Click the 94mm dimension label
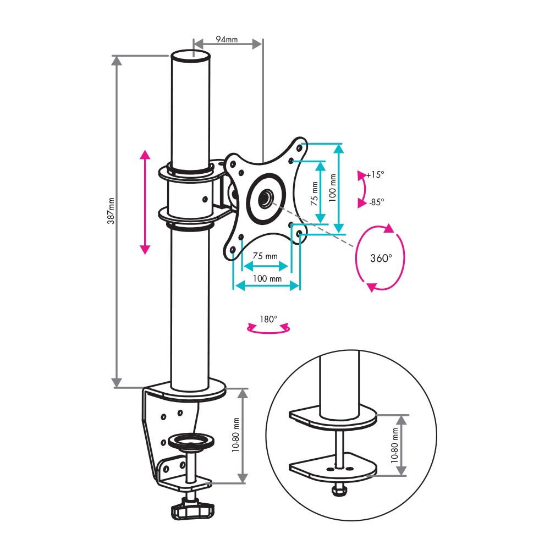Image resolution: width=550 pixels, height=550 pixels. pos(227,38)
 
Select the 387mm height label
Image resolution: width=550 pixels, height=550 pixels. pos(111,211)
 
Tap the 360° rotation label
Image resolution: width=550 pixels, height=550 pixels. pos(381,258)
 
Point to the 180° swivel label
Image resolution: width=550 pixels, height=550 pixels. pos(268,319)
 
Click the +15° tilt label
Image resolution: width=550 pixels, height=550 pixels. pos(375,174)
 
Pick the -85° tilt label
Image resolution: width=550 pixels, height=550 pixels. pos(376,202)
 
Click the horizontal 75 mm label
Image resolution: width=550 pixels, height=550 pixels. pos(265,256)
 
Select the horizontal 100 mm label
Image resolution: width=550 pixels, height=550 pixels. pos(267,278)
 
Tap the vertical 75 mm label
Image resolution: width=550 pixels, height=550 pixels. pos(314,193)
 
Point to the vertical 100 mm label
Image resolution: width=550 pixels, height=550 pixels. pos(332,188)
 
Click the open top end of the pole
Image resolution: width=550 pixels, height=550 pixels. pos(191,56)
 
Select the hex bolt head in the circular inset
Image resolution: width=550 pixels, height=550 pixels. pos(338,490)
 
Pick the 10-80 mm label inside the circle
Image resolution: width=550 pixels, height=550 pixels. pos(394,445)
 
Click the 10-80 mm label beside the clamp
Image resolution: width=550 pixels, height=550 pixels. pos(235,435)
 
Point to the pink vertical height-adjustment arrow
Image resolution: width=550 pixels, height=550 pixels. pos(145,202)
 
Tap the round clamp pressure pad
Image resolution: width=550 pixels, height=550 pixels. pos(191,441)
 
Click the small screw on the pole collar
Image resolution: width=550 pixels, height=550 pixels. pos(205,199)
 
